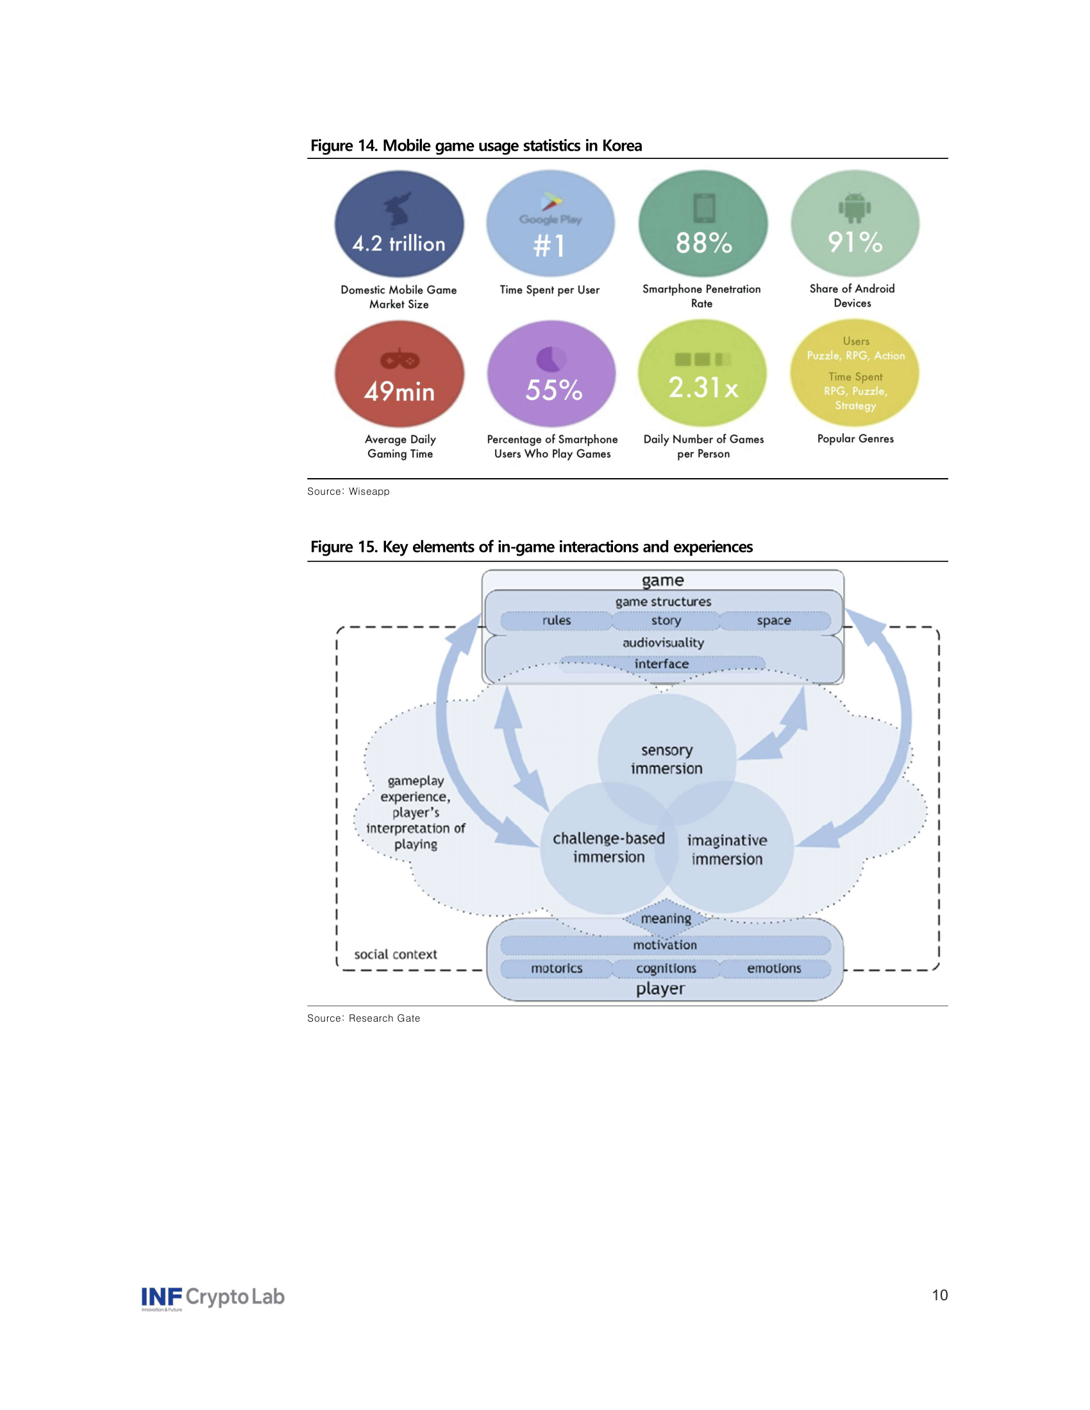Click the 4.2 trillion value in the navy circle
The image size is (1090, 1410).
[398, 244]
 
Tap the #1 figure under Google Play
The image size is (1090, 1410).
[549, 245]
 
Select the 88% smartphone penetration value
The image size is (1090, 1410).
[704, 244]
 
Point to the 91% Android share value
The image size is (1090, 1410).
[855, 242]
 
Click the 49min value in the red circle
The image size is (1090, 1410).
[399, 391]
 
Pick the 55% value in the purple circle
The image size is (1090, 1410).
[553, 390]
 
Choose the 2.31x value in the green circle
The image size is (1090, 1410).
[703, 387]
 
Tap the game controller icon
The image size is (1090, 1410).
[399, 360]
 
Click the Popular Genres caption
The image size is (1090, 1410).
[855, 438]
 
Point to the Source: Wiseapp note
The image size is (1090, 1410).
[348, 492]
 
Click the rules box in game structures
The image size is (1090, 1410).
[556, 620]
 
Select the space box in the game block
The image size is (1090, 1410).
[774, 620]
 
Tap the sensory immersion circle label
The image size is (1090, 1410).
[666, 759]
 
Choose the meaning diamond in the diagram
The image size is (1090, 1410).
[666, 918]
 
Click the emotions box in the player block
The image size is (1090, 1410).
[774, 968]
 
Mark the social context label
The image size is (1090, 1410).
[395, 954]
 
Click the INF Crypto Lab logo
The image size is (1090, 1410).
[212, 1297]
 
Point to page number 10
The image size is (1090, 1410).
[939, 1295]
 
